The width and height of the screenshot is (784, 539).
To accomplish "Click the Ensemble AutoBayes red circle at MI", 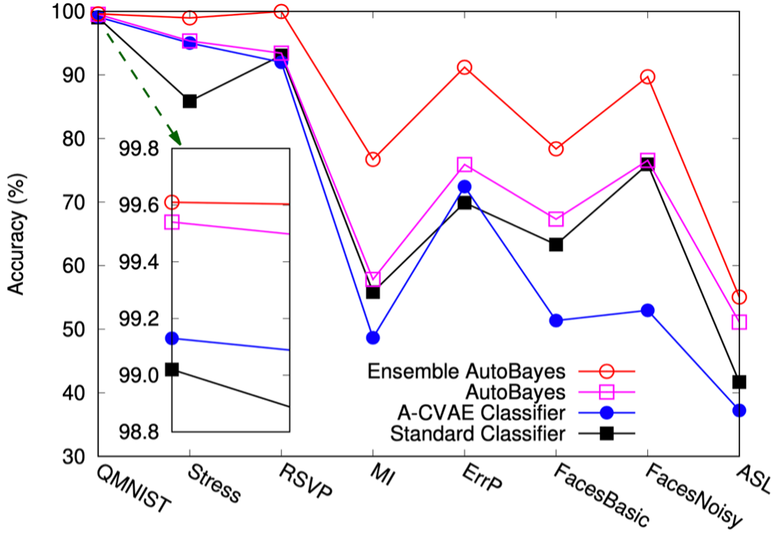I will coord(373,159).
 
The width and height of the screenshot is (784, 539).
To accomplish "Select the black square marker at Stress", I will coord(189,101).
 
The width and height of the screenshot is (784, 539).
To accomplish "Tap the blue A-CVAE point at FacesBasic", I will coord(556,320).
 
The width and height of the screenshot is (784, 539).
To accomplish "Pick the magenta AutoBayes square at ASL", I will coord(739,322).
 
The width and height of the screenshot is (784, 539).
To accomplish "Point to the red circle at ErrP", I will coord(464,67).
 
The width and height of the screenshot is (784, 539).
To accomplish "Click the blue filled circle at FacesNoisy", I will coord(648,310).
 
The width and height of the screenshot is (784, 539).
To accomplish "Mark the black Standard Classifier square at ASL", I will coord(739,382).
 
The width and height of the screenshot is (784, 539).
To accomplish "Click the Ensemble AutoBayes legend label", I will coord(466,370).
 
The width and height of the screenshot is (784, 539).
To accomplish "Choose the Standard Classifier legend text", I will coord(478,434).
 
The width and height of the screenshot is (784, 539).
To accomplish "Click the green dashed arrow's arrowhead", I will coord(175,139).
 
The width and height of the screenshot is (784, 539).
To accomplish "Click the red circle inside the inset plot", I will coord(172,202).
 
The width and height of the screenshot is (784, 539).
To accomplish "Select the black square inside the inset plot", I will coord(172,369).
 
